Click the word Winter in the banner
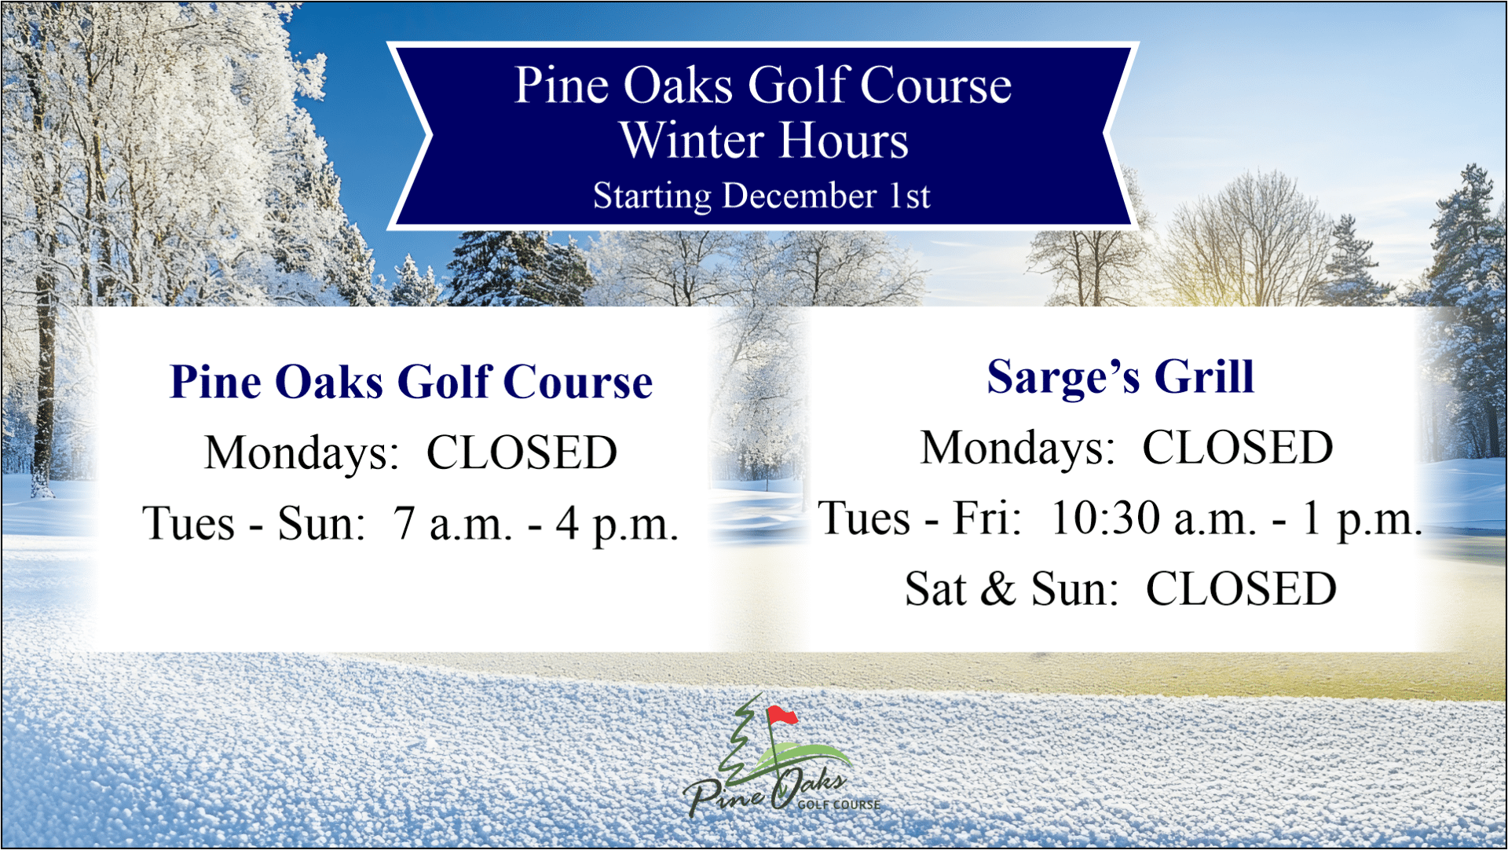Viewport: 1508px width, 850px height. coord(692,141)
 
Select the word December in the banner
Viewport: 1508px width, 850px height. coord(800,196)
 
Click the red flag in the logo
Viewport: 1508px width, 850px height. coord(782,715)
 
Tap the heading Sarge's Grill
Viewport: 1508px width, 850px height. coord(1121,378)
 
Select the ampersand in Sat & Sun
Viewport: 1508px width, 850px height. coord(998,588)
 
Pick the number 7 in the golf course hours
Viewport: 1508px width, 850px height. coord(404,523)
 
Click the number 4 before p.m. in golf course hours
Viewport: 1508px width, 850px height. coord(567,523)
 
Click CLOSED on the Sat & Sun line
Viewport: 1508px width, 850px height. coord(1241,588)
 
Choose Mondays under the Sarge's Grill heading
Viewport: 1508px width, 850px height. coord(1018,449)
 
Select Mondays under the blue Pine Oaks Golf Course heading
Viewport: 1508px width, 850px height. coord(302,454)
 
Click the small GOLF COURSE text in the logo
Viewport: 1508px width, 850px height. coord(839,805)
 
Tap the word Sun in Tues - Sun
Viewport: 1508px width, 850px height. coord(321,523)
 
